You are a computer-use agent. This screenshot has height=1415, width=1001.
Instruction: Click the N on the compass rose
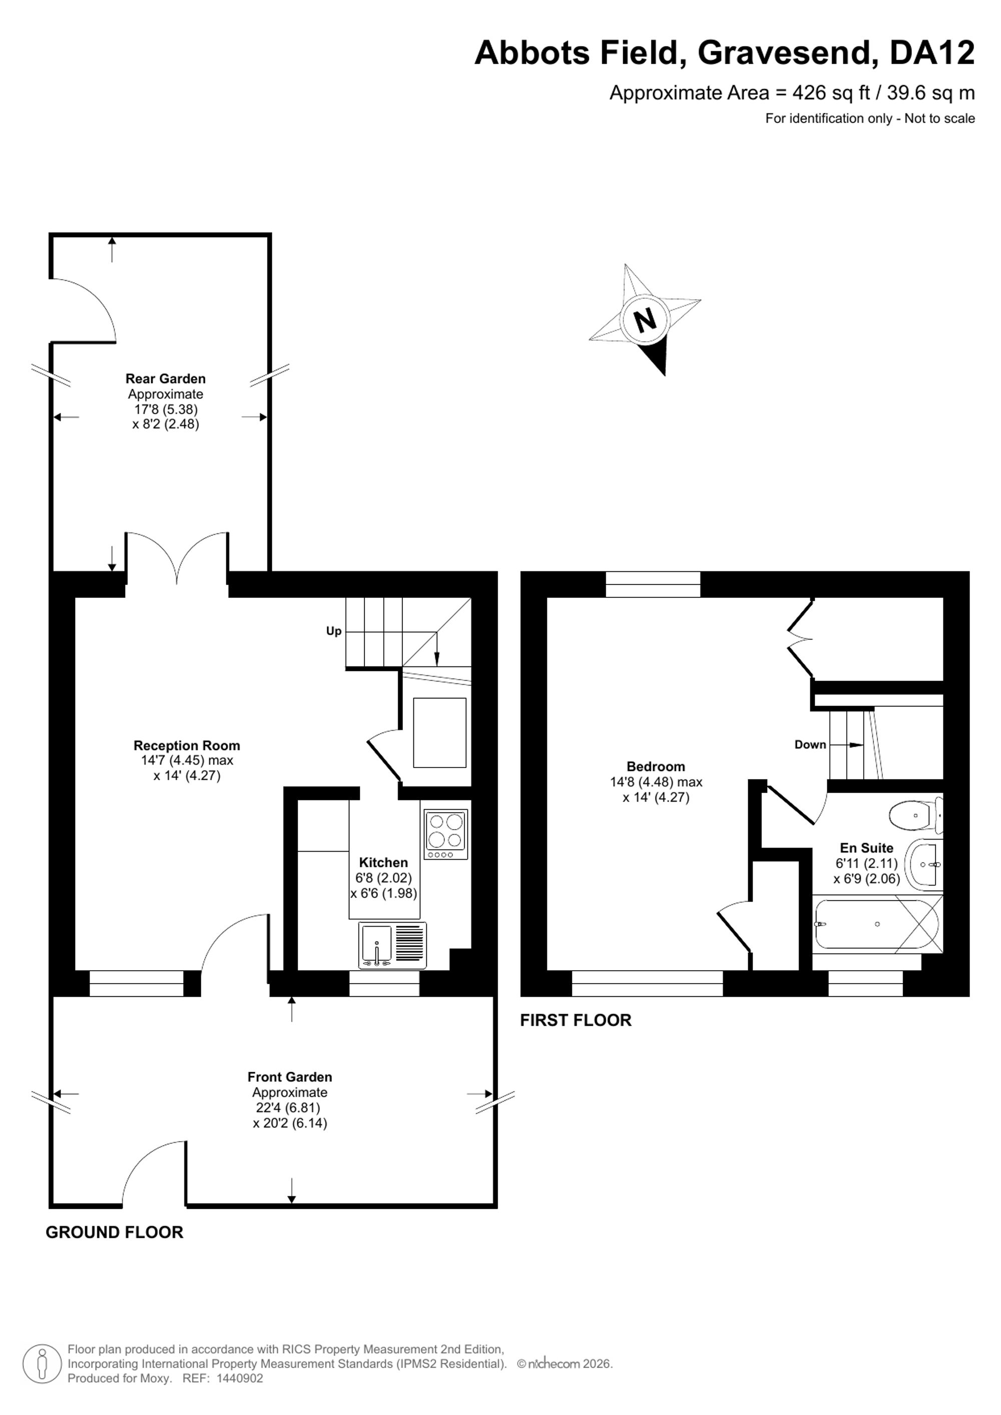click(x=645, y=320)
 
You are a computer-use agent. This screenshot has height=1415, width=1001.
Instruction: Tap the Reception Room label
click(x=187, y=746)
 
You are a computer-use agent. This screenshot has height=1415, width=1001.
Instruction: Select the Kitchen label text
click(x=383, y=863)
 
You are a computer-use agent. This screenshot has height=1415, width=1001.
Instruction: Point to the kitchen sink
click(x=392, y=945)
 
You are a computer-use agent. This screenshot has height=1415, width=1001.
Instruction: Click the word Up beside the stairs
click(x=333, y=631)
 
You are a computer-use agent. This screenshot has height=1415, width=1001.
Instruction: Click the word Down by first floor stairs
click(x=810, y=745)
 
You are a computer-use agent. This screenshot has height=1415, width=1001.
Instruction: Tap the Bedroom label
click(x=656, y=767)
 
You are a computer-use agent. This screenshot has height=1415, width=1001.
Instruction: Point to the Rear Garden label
click(x=166, y=379)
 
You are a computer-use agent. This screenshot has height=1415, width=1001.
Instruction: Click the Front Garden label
click(x=290, y=1077)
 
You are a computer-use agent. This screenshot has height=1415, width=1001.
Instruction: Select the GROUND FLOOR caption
click(x=115, y=1232)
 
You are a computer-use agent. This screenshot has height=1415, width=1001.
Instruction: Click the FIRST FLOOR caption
click(x=576, y=1021)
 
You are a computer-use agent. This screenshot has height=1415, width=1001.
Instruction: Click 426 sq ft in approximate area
click(x=831, y=93)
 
